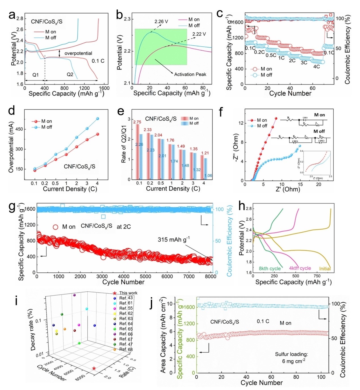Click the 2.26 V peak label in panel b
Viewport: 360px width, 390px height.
point(161,22)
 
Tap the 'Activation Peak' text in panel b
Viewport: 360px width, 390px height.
point(190,74)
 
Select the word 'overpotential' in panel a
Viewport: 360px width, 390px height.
point(78,53)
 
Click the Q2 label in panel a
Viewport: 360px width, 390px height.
point(70,75)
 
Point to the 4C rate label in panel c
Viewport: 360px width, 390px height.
point(316,67)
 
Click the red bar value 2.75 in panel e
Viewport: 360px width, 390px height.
point(137,122)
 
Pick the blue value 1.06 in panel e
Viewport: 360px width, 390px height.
point(208,175)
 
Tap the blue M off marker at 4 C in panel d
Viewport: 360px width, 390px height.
point(98,119)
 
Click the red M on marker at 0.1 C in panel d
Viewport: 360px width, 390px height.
point(35,170)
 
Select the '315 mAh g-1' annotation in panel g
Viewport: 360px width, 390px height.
point(174,239)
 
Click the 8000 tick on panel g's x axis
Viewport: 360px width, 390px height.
point(210,277)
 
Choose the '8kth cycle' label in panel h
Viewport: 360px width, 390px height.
point(270,268)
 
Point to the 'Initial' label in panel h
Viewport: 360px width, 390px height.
point(325,269)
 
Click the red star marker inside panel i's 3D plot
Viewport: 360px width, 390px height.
point(94,368)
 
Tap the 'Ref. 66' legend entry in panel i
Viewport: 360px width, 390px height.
point(126,334)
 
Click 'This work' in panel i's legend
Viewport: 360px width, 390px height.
point(128,293)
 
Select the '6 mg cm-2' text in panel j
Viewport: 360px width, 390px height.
point(293,361)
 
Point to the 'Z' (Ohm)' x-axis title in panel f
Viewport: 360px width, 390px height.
point(288,189)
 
